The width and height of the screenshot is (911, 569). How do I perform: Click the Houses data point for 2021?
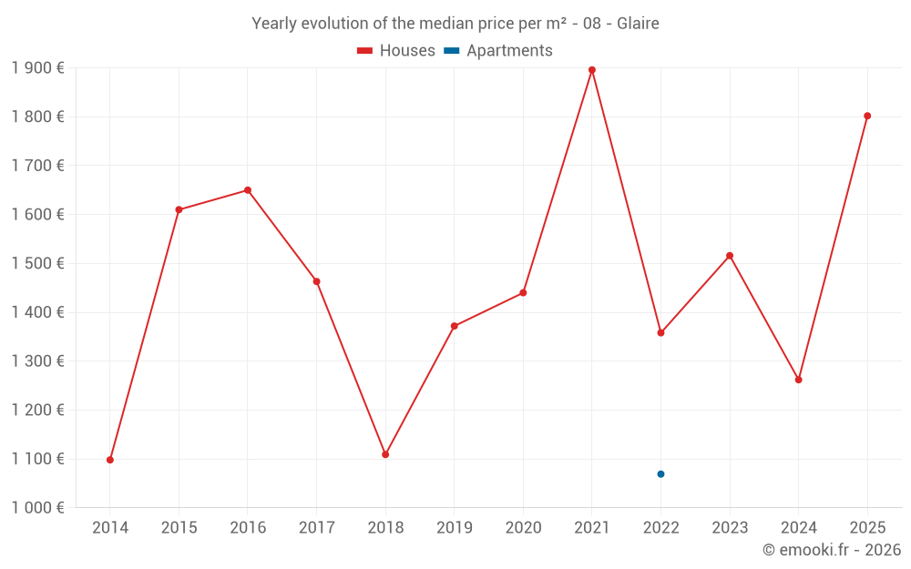click(592, 70)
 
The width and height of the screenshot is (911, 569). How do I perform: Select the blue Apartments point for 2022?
click(660, 474)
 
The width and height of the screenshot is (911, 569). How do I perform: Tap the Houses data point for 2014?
click(110, 460)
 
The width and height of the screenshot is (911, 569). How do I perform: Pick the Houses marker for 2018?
click(385, 454)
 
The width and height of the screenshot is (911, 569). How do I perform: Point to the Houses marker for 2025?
click(867, 116)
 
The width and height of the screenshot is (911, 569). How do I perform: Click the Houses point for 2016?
click(248, 190)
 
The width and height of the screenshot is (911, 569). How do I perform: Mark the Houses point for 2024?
click(798, 380)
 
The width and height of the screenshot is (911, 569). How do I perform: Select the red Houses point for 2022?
click(660, 333)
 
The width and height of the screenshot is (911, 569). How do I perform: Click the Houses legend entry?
click(395, 51)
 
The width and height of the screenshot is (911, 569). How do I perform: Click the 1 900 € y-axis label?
click(37, 68)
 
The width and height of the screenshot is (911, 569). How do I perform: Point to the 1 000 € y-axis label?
click(37, 508)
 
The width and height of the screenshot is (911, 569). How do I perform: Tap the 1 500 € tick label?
click(37, 263)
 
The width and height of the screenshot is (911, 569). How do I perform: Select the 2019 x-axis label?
click(454, 528)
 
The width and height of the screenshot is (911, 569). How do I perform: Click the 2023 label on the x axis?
click(730, 528)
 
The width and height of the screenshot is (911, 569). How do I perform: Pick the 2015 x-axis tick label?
click(179, 528)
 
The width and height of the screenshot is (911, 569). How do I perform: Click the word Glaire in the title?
click(638, 24)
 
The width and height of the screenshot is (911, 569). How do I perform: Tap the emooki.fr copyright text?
click(832, 550)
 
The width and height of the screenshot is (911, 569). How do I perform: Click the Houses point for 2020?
click(523, 292)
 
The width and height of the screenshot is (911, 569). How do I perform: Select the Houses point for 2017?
click(316, 281)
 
